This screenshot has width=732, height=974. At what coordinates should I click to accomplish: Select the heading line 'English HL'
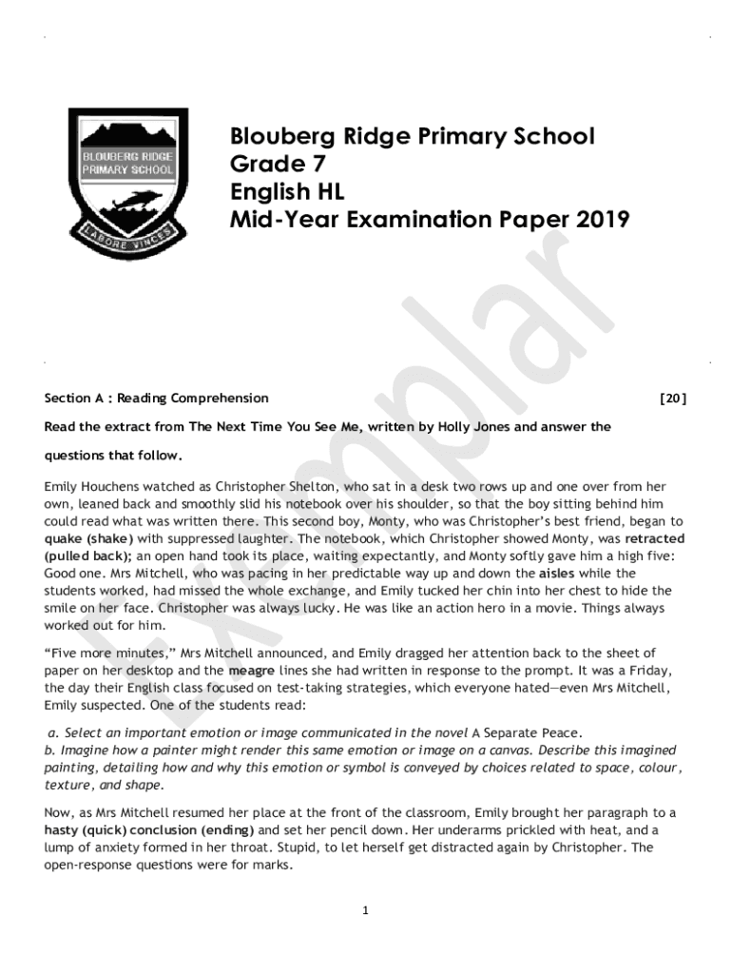[286, 192]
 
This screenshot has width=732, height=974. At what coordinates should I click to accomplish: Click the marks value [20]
[672, 399]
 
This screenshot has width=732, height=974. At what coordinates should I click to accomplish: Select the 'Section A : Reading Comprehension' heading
[157, 399]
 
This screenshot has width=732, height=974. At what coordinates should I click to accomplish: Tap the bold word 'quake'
[63, 539]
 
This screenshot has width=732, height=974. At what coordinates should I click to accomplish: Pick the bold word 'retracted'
[655, 539]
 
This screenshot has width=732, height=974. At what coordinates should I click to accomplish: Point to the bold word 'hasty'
[63, 830]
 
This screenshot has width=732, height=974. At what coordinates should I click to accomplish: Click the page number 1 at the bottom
[365, 911]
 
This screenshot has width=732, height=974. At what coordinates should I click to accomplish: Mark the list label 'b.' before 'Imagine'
[50, 750]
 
